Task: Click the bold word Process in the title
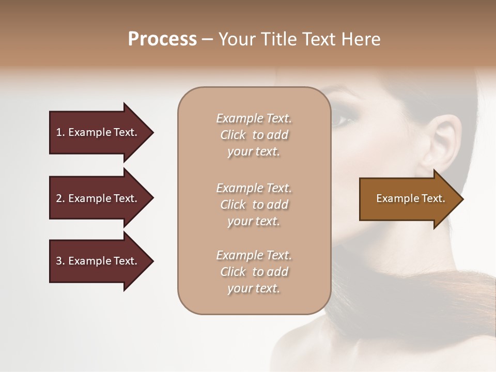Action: (x=162, y=39)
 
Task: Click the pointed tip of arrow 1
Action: (x=152, y=132)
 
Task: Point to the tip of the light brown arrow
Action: (x=462, y=199)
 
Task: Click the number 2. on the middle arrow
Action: (x=60, y=198)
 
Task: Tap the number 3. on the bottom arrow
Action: (x=60, y=261)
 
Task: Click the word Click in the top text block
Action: (x=233, y=135)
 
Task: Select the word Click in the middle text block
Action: (x=233, y=205)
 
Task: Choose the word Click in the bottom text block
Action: (x=233, y=272)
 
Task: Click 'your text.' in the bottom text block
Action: (x=254, y=288)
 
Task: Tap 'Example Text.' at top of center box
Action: (x=254, y=118)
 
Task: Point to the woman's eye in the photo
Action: (x=342, y=120)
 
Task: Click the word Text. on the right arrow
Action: (x=433, y=198)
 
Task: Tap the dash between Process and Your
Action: (x=208, y=39)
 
